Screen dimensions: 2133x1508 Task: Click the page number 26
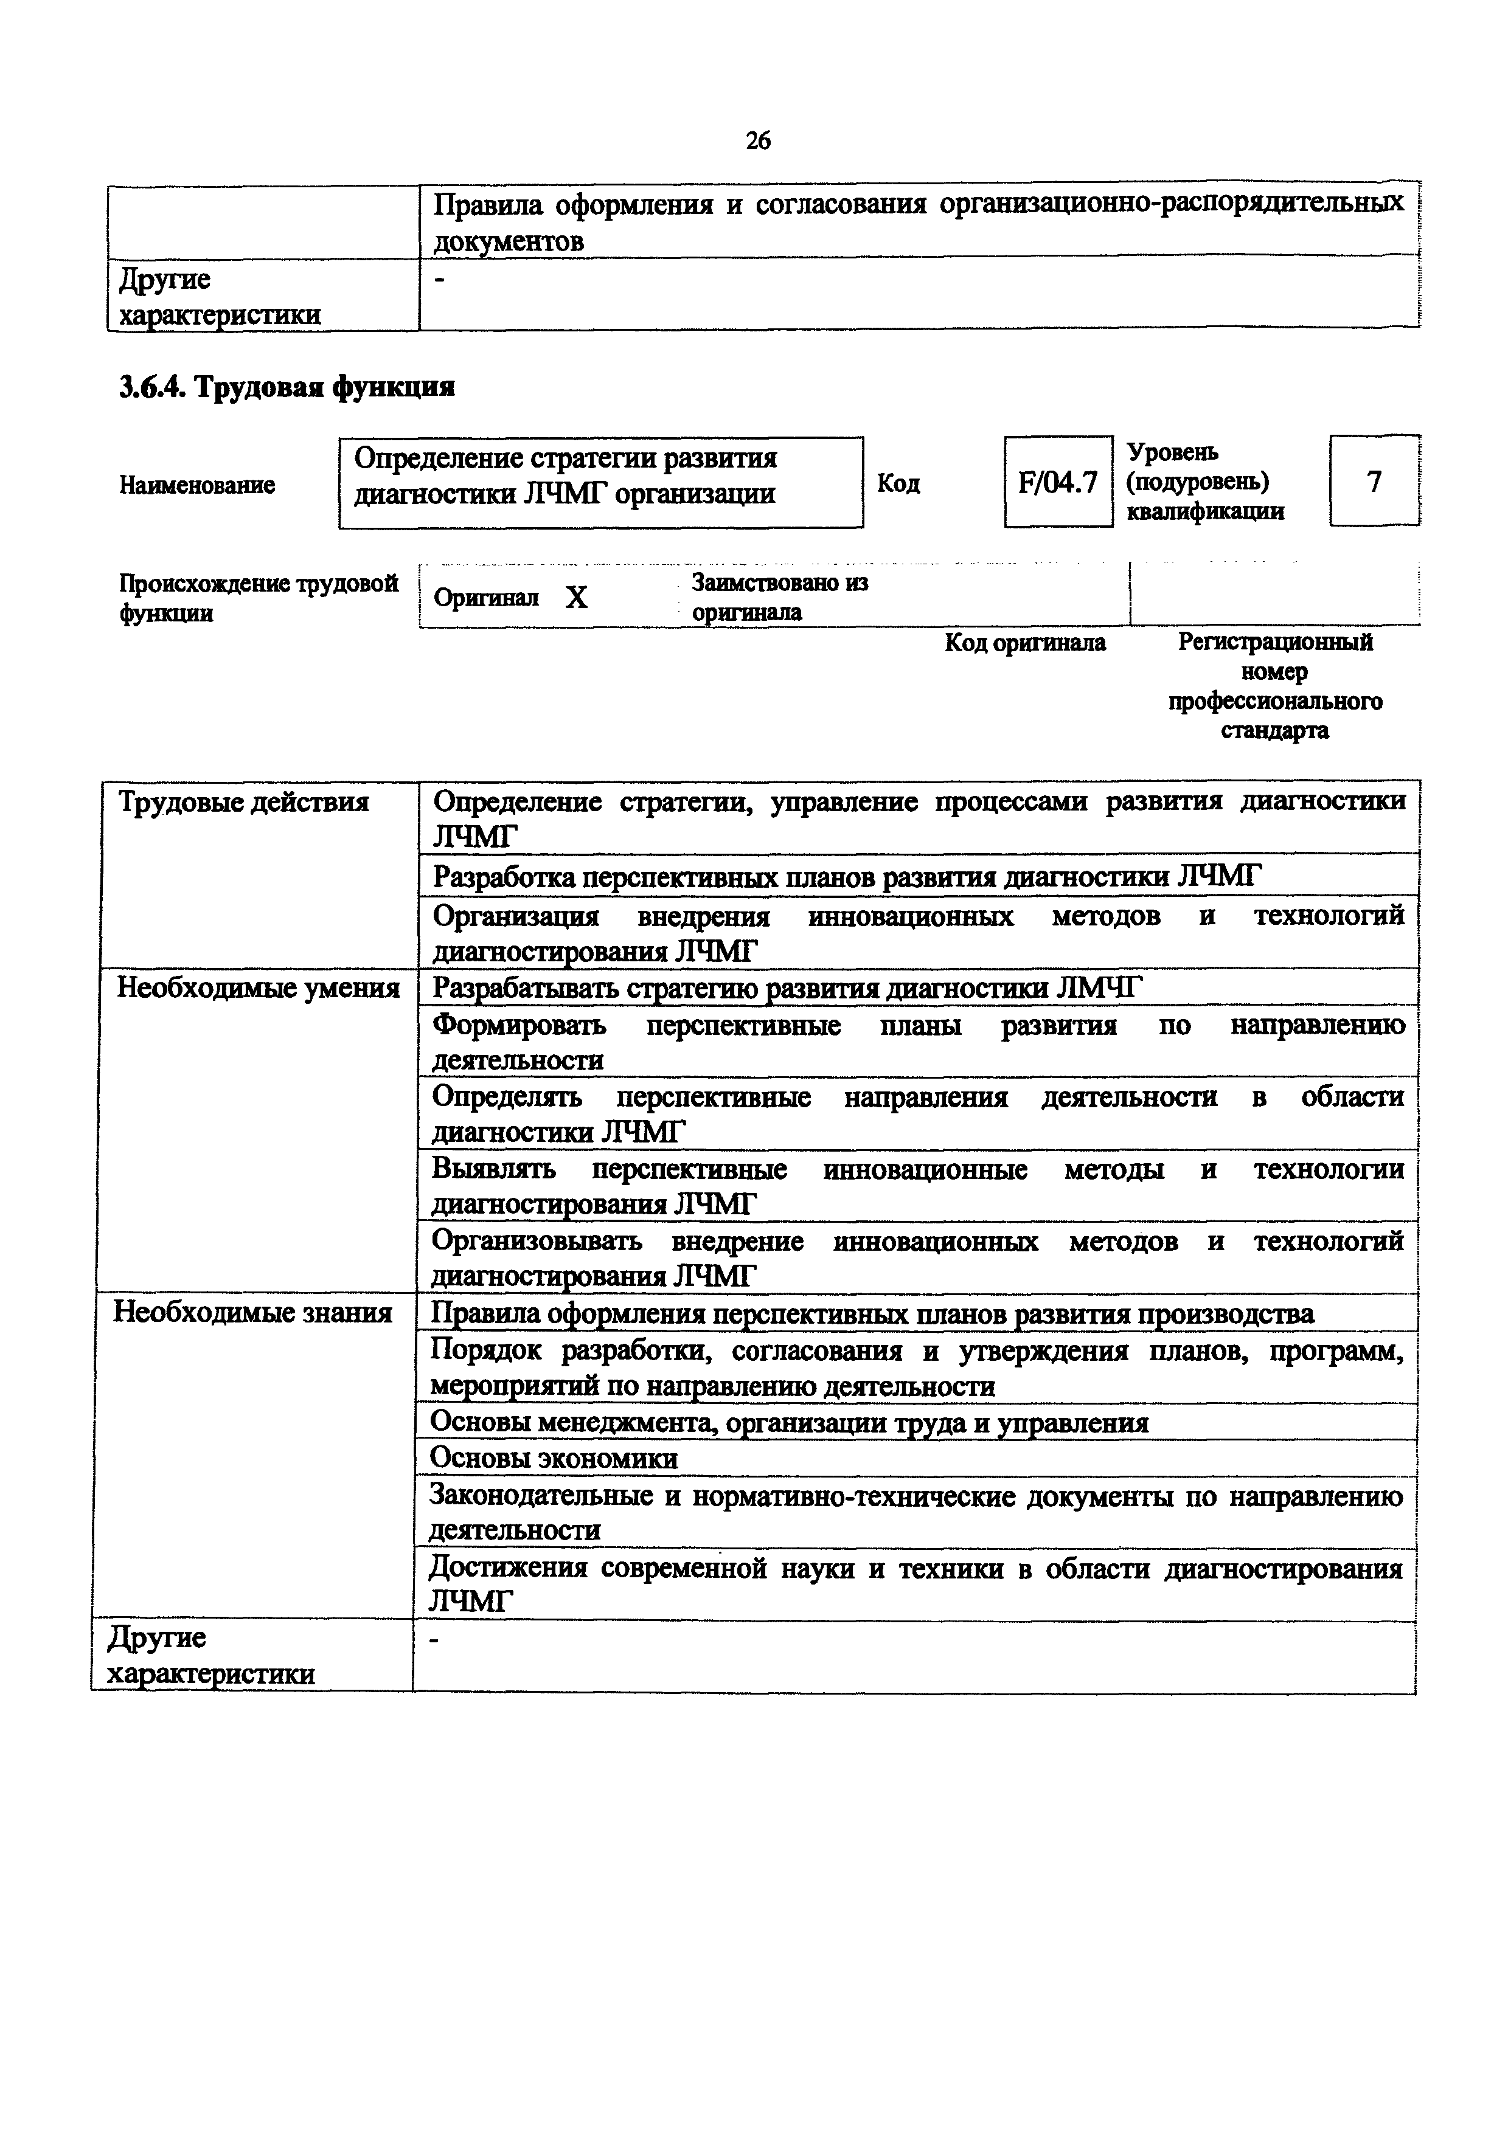757,140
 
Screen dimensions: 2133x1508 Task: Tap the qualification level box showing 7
1374,481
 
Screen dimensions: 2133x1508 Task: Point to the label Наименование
197,485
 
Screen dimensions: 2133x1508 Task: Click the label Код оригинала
1025,643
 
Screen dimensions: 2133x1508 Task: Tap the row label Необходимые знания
252,1313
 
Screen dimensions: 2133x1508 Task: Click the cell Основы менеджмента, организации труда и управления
790,1422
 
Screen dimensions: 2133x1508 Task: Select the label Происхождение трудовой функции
259,597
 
